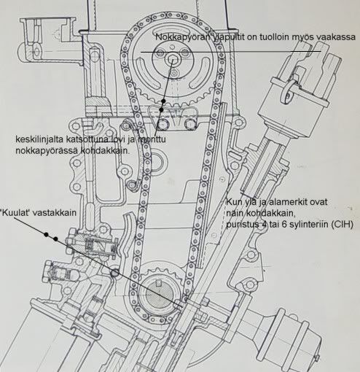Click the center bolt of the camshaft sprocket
172,58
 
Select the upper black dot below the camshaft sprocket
163,101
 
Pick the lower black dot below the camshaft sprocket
161,110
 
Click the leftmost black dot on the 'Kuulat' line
46,234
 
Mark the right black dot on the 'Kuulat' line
55,239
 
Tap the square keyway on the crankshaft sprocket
159,282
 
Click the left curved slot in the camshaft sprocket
146,73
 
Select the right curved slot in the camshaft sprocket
200,73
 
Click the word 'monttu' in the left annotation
152,139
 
